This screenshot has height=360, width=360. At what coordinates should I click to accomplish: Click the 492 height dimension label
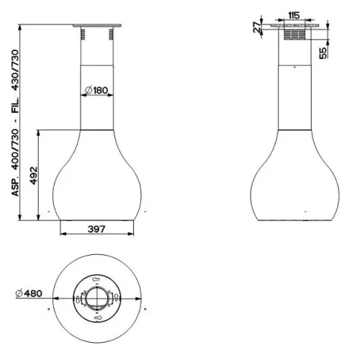pos(34,176)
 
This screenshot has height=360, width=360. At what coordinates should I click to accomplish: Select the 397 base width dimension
pos(96,229)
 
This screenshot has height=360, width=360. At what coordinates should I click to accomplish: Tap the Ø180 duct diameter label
pos(96,90)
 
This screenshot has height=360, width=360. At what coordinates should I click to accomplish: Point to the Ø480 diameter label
pos(29,293)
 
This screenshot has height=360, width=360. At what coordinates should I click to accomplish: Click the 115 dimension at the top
pos(294,15)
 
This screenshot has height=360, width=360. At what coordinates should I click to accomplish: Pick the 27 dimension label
pos(257,27)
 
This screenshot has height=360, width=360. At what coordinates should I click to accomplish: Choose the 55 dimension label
pos(323,53)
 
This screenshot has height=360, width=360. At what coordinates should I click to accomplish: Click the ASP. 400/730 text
pos(15,163)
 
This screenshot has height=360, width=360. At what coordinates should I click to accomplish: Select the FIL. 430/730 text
pos(15,81)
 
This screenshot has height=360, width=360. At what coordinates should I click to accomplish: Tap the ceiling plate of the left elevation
pos(97,25)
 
